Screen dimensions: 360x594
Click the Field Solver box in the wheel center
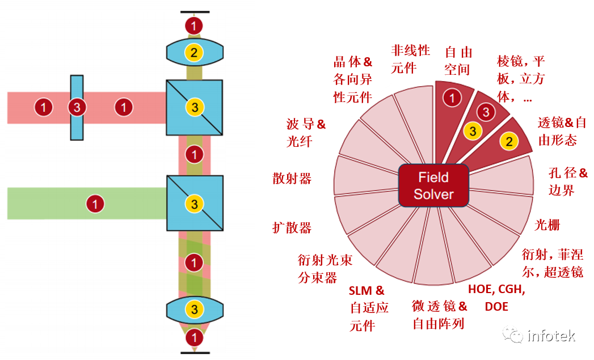pyautogui.click(x=433, y=185)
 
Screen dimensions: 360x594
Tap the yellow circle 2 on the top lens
pyautogui.click(x=195, y=53)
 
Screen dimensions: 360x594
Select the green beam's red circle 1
pyautogui.click(x=95, y=203)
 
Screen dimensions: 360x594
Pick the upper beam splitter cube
pyautogui.click(x=195, y=107)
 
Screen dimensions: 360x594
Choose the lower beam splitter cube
pyautogui.click(x=195, y=203)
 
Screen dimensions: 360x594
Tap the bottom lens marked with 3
pyautogui.click(x=195, y=310)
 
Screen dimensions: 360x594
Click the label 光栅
pyautogui.click(x=547, y=225)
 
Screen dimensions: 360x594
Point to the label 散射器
pyautogui.click(x=292, y=179)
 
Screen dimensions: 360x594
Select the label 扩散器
pyautogui.click(x=292, y=228)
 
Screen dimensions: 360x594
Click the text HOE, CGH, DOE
pyautogui.click(x=496, y=298)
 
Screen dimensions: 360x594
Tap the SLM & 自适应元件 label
pyautogui.click(x=368, y=308)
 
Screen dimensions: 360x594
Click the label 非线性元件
pyautogui.click(x=410, y=59)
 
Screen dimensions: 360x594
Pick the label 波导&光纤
pyautogui.click(x=306, y=133)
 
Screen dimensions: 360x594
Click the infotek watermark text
pyautogui.click(x=550, y=336)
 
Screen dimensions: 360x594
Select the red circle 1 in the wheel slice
pyautogui.click(x=452, y=98)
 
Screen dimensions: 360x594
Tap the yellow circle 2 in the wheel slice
pyautogui.click(x=509, y=141)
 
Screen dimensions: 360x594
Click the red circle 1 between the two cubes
pyautogui.click(x=195, y=154)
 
